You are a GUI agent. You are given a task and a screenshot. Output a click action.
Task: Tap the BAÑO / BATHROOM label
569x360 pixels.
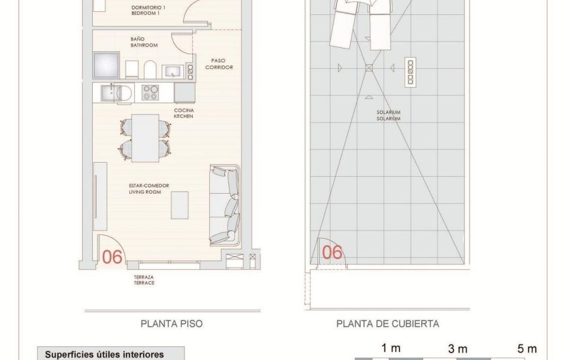coord(143,43)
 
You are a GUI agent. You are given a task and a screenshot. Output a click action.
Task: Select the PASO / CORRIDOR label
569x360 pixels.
coord(218,64)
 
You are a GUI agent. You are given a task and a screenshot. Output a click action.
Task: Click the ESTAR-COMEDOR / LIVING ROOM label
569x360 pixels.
coord(149,189)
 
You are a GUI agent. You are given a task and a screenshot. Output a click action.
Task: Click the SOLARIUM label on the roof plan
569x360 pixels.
coord(388,115)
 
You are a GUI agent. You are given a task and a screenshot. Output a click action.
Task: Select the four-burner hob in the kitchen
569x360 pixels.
coord(150,92)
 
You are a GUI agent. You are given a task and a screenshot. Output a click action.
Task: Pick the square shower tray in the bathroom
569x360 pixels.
coord(106,65)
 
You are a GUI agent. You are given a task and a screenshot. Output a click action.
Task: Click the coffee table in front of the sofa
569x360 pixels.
coord(180,205)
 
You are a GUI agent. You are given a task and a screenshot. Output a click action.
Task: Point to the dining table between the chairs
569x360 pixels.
coord(145,137)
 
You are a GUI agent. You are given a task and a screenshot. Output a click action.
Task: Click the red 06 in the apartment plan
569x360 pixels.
coord(112,257)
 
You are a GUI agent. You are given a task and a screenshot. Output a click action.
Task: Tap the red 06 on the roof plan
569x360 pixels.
coord(332,252)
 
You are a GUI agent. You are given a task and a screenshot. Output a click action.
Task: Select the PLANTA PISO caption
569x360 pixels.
coord(172,323)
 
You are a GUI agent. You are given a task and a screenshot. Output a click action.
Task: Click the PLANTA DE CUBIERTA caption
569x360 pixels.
coord(388,323)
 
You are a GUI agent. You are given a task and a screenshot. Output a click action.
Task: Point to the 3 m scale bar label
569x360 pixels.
coord(458,349)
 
